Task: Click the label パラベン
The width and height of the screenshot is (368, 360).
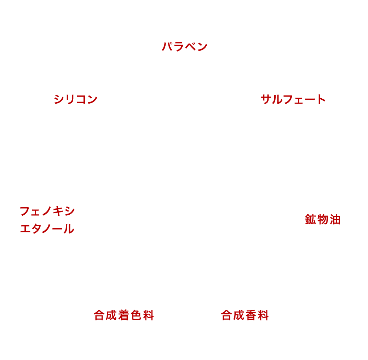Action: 184,47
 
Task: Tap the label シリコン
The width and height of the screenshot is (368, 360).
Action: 75,99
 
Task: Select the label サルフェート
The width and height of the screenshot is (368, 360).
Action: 293,99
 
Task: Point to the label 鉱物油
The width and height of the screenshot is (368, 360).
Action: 322,220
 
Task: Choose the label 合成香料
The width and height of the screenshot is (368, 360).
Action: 245,315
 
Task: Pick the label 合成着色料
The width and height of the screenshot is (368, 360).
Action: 124,315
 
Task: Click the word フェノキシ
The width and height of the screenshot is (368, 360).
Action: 47,211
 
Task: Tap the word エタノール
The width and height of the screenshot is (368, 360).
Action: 47,229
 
